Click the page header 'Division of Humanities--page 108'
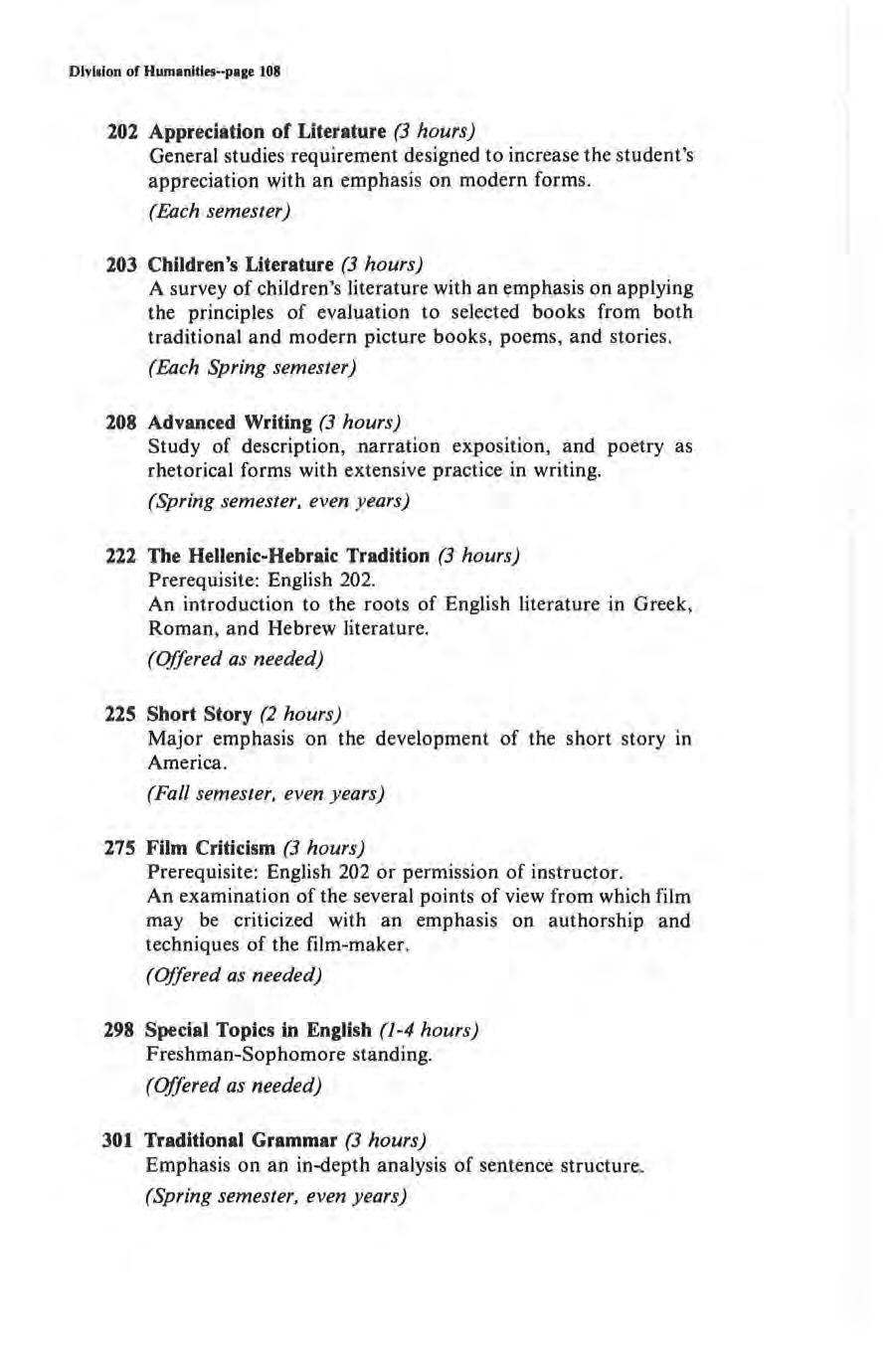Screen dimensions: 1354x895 click(x=176, y=73)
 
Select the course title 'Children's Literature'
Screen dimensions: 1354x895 click(x=240, y=265)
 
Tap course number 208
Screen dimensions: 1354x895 click(x=122, y=423)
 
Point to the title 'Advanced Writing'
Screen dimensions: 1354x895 click(x=230, y=423)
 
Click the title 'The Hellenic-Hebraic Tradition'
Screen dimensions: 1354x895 click(x=288, y=556)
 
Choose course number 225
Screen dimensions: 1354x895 click(x=122, y=715)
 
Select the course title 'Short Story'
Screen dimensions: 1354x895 click(x=199, y=715)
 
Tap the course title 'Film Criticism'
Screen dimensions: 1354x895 click(x=210, y=849)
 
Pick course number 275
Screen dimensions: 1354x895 click(x=121, y=849)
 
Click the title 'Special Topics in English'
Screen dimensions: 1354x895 click(x=259, y=1030)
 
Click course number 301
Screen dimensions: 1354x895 click(x=120, y=1139)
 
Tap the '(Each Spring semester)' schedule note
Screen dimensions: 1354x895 click(x=252, y=368)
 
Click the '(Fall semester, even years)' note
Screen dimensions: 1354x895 click(x=266, y=794)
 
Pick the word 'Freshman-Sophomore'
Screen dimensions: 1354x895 click(x=240, y=1054)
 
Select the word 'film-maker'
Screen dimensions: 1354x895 click(x=355, y=944)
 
